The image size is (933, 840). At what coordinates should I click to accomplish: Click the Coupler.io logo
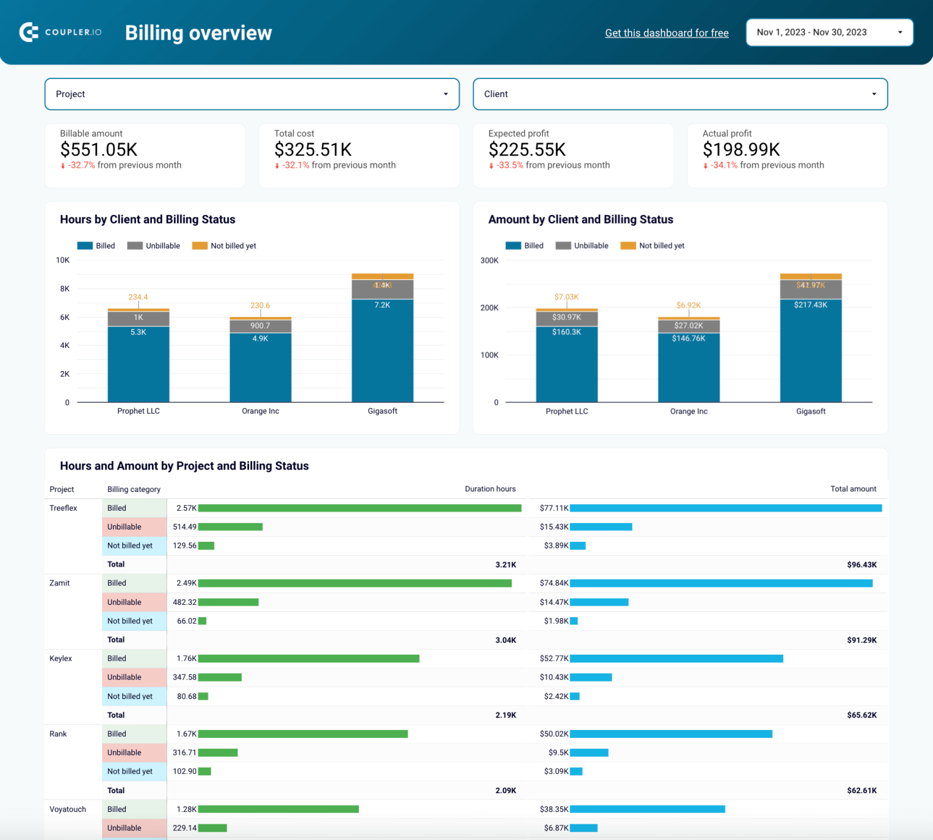pos(60,32)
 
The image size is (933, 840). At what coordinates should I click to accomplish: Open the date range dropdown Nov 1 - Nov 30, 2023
pos(829,33)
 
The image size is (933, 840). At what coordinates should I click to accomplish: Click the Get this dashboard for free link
pos(666,33)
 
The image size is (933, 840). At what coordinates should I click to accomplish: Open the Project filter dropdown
pos(251,94)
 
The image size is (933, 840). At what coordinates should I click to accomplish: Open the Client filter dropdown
pos(680,94)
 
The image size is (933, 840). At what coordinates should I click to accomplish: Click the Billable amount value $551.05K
pos(99,149)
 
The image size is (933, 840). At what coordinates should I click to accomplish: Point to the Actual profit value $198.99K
pos(741,149)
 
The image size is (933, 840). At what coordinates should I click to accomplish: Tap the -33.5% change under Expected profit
pos(509,165)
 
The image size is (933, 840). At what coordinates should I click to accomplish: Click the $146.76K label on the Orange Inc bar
pos(688,338)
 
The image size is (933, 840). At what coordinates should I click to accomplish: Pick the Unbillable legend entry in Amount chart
pos(582,245)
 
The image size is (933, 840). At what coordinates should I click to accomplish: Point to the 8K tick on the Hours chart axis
pos(64,289)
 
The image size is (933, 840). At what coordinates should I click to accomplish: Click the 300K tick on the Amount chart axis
pos(489,261)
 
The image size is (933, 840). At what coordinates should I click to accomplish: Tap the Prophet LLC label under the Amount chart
pos(566,411)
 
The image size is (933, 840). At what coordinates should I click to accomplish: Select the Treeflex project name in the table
pos(63,508)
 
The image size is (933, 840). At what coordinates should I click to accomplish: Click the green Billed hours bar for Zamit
pos(354,583)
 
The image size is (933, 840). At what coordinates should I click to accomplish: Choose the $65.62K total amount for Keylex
pos(861,715)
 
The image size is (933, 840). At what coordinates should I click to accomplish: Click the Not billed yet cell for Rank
pos(130,771)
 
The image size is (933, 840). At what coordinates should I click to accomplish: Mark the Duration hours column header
pos(490,489)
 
